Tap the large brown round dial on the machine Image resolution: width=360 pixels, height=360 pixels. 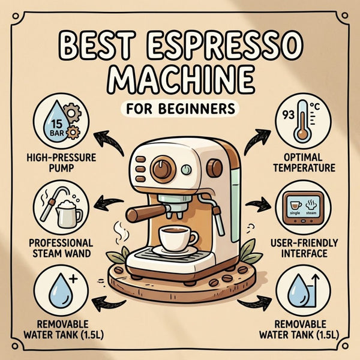click(163, 169)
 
